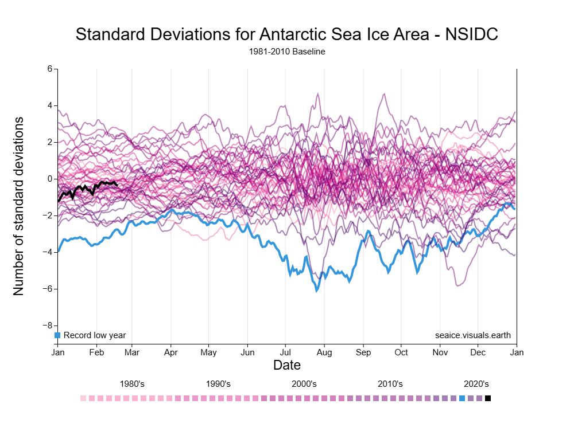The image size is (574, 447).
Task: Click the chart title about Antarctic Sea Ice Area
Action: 286,34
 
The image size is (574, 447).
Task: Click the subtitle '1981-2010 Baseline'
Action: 287,52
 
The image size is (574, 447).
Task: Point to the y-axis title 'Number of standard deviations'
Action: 19,206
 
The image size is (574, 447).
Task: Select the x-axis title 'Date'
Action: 287,365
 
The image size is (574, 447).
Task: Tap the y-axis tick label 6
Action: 50,69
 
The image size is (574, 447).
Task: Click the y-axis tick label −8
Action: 48,325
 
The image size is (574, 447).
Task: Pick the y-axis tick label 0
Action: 50,179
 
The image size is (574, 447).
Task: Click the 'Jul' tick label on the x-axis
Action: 286,352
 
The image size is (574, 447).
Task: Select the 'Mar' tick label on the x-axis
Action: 133,352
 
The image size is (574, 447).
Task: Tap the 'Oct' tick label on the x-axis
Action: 401,352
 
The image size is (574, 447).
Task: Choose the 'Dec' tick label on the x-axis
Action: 478,352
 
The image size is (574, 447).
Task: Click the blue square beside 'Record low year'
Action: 57,335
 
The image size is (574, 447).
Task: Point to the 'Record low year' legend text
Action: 95,335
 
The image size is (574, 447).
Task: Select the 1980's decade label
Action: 132,384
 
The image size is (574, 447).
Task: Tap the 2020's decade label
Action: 476,384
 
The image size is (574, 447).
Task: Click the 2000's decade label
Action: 304,384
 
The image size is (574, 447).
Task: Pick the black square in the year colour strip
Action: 488,398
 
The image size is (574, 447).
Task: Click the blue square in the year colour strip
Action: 462,398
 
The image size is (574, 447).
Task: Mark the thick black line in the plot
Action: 86,187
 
